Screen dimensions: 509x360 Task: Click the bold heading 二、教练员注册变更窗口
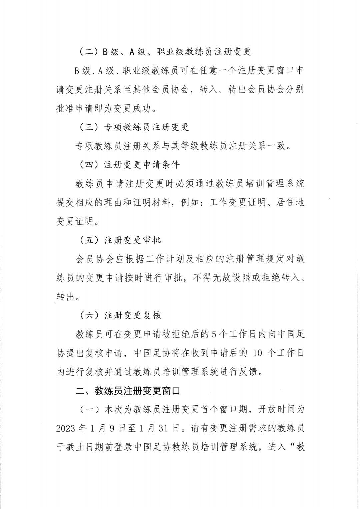point(128,391)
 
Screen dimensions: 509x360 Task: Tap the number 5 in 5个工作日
point(214,334)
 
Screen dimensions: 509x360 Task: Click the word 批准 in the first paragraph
point(66,108)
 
